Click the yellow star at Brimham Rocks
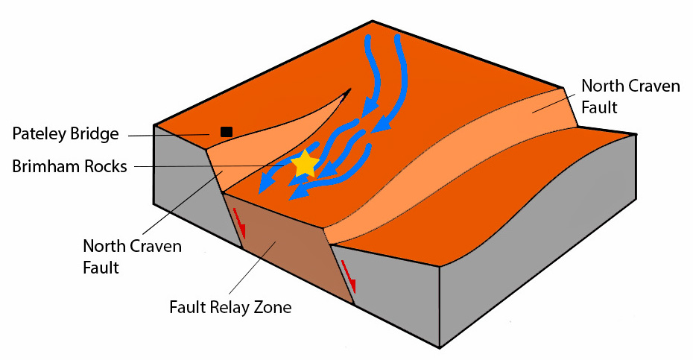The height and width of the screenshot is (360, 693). [x=305, y=164]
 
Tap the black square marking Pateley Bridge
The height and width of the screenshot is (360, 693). [x=227, y=132]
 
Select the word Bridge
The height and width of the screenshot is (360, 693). [x=96, y=134]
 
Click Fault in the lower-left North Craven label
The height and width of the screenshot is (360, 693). [x=101, y=268]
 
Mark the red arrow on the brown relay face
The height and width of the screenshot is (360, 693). [x=239, y=224]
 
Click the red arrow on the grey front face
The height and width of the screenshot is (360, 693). [x=349, y=277]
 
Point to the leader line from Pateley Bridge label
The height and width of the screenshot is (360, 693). [x=169, y=136]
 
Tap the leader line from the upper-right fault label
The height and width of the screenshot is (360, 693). [x=554, y=103]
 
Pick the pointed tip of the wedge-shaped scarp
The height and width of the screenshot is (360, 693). [x=350, y=89]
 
